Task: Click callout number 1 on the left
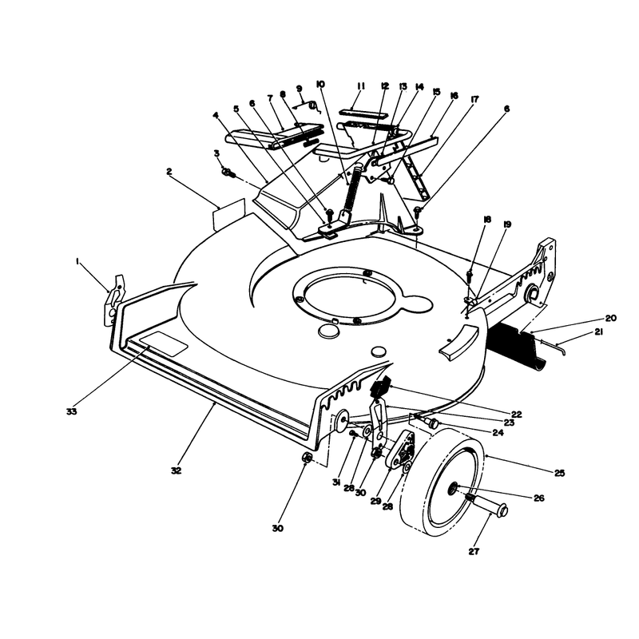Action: click(77, 263)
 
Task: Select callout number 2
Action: click(169, 172)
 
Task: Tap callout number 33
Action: click(71, 411)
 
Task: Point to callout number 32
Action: click(176, 470)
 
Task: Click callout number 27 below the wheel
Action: click(474, 551)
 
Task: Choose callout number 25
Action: click(560, 473)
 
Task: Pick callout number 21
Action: click(598, 332)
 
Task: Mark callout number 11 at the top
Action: click(361, 86)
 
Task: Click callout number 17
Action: click(474, 99)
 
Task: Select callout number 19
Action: click(507, 224)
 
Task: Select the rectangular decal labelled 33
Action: click(164, 343)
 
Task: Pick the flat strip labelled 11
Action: click(353, 112)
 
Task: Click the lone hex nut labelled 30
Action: click(308, 458)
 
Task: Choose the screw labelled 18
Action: click(470, 276)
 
